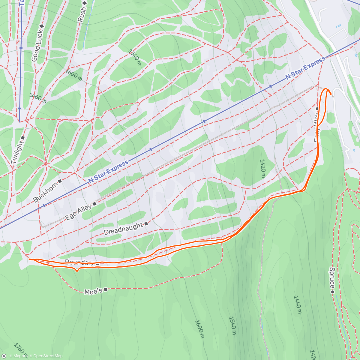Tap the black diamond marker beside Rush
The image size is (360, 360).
click(x=85, y=3)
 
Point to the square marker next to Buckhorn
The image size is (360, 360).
click(x=60, y=181)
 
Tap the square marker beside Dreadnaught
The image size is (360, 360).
click(x=146, y=223)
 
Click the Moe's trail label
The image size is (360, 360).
click(x=93, y=292)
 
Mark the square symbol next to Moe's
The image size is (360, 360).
click(x=105, y=289)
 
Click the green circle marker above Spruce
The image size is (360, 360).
click(x=332, y=292)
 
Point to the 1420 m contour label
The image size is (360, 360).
click(x=262, y=168)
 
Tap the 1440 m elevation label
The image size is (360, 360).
click(x=297, y=304)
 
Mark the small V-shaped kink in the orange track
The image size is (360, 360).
click(x=77, y=271)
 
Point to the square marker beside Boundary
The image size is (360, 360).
click(x=98, y=264)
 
